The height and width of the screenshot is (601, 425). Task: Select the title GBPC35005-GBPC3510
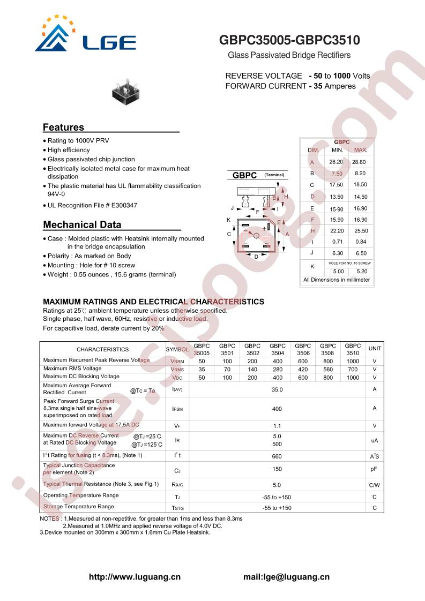[290, 41]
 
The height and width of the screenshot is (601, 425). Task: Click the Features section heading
[63, 127]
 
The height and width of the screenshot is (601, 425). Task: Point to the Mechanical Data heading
[82, 225]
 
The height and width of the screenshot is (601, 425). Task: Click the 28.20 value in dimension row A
[336, 162]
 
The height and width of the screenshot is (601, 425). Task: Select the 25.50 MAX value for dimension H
[361, 231]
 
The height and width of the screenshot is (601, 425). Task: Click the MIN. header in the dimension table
[337, 150]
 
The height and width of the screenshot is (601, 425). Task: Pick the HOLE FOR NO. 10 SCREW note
[349, 264]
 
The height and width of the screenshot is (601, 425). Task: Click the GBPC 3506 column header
[303, 349]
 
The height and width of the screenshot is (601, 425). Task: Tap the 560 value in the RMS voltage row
[328, 369]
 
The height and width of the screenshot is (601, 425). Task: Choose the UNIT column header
[375, 349]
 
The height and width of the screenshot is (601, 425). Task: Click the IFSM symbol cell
[177, 409]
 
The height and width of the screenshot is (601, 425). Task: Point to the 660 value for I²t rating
[277, 456]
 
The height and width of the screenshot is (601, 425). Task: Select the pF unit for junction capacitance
[375, 469]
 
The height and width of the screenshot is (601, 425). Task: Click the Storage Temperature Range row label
[79, 506]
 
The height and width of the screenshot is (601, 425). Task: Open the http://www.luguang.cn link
[134, 577]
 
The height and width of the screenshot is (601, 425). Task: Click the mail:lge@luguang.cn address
[286, 577]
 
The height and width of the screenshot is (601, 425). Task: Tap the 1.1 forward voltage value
[277, 426]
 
